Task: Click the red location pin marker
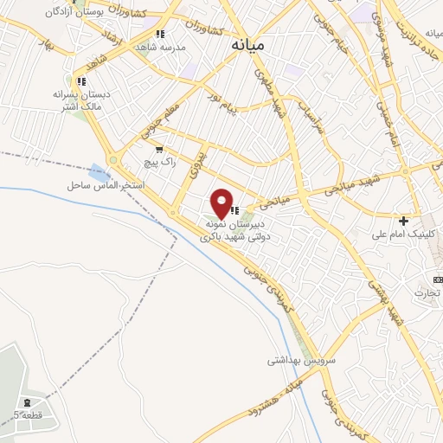point(222,202)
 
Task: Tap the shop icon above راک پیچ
point(159,150)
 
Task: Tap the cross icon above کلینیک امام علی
point(403,221)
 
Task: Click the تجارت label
point(426,292)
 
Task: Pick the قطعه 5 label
point(28,414)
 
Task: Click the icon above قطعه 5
point(27,402)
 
